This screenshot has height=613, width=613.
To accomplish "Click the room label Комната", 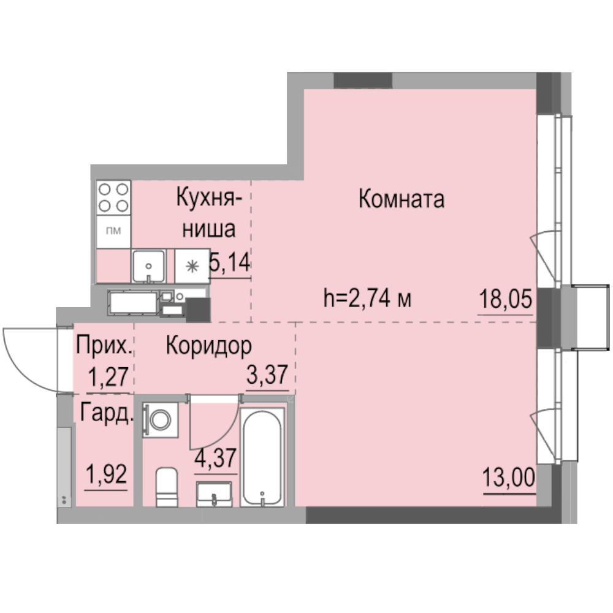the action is pos(402,199).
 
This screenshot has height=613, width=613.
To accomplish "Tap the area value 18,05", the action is pos(506,300).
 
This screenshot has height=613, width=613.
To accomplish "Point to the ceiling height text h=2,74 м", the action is pos(367,299).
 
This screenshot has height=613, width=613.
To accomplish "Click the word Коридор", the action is pos(209,346).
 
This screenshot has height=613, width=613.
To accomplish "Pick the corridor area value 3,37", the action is pos(267,375).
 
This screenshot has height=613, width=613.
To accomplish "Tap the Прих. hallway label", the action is pos(104,346).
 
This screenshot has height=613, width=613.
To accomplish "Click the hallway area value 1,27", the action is pos(109,377).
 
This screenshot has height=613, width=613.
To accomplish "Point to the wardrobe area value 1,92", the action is pos(106,474).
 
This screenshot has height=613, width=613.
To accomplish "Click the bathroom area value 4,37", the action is pos(215,458).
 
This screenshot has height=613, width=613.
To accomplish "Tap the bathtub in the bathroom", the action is pos(262,457).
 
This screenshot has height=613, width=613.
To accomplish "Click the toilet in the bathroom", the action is pos(167,487).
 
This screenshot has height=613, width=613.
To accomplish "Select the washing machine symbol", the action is pos(160,420).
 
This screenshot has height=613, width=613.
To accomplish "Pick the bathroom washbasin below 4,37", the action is pos(214,495).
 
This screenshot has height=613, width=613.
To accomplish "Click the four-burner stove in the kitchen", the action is pos(113,197).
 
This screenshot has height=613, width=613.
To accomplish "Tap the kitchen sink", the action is pos(148,266).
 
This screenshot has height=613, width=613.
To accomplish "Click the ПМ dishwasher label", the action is pos(113,230).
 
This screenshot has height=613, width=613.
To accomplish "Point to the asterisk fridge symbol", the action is pos(192,267).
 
